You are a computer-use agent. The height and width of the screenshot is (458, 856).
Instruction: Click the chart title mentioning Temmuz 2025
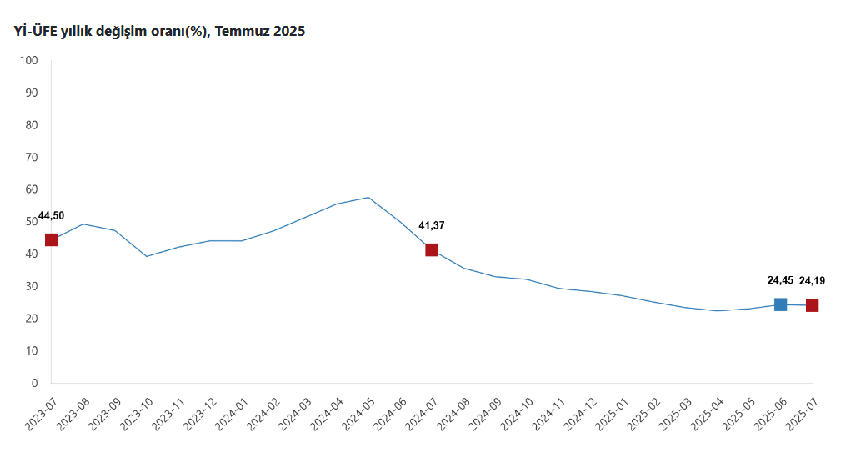[159, 32]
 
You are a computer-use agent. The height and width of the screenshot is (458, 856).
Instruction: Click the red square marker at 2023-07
[51, 240]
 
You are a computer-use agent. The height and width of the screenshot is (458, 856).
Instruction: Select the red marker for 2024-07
[432, 249]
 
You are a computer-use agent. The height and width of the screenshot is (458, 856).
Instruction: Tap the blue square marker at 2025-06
[780, 304]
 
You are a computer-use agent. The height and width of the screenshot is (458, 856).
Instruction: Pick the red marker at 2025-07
[812, 305]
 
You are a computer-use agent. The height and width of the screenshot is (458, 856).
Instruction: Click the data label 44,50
[51, 215]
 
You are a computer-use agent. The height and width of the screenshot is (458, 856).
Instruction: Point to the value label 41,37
[432, 225]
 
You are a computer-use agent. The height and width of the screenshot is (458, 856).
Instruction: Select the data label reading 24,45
[780, 280]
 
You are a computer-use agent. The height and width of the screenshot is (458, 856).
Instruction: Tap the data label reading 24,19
[812, 281]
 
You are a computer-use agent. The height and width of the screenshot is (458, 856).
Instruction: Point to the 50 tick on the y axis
[32, 222]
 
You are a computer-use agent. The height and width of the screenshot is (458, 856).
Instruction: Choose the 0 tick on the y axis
[35, 383]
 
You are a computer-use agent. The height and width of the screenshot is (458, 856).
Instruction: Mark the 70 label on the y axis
[32, 158]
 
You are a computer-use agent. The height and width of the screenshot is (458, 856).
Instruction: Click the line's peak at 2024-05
[368, 198]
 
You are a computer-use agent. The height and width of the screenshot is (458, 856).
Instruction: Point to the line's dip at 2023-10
[147, 256]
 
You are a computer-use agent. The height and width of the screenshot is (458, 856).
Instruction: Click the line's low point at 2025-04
[717, 310]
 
